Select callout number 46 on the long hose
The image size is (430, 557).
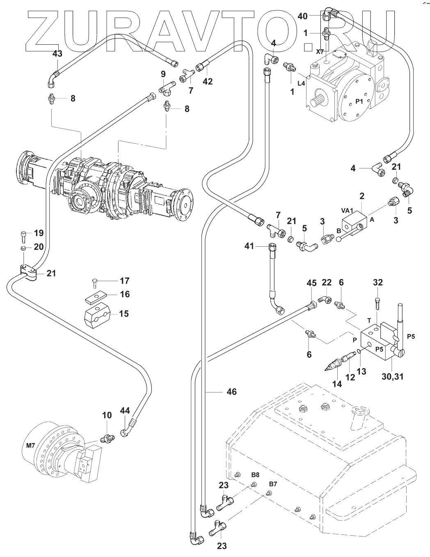pos(232,392)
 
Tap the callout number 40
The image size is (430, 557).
pos(302,16)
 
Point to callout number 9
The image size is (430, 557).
pos(163,74)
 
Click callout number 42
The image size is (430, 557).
pos(208,82)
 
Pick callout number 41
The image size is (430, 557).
pos(249,246)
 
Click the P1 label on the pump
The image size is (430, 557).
pos(359,101)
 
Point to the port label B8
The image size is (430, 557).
pos(255,475)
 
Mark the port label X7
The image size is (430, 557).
pos(320,52)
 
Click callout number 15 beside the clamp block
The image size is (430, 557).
pos(124,314)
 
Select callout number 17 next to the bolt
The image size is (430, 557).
pos(124,281)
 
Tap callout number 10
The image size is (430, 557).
pos(107,416)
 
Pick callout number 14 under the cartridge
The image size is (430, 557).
pos(337,384)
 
